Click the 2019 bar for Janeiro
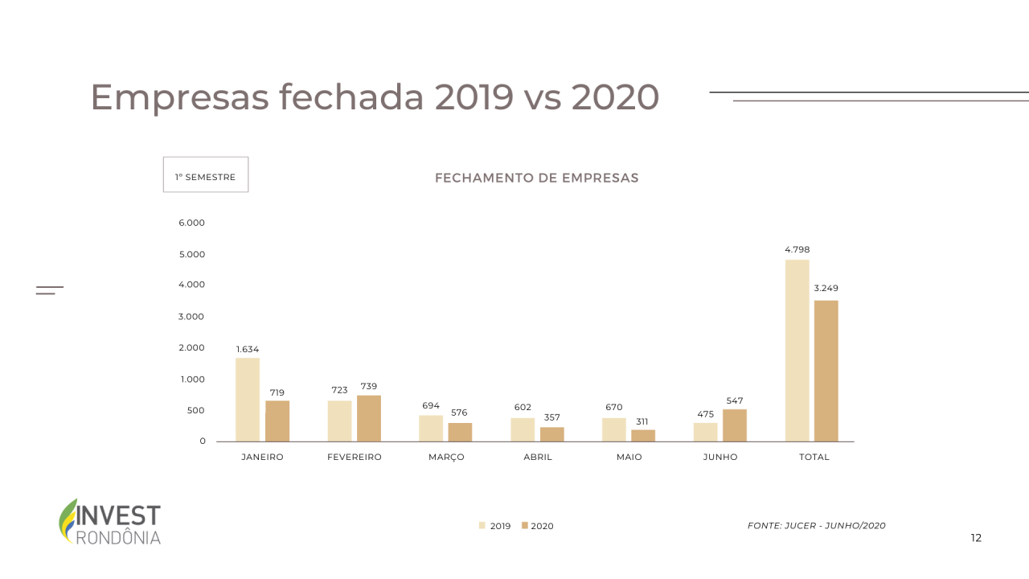coord(248,400)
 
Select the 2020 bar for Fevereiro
coord(369,418)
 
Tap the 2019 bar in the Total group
coord(797,351)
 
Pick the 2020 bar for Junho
coord(735,425)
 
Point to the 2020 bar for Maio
coord(643,435)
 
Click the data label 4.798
coord(797,249)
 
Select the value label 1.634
coord(248,349)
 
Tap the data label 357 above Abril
coord(551,417)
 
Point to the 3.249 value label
coord(826,288)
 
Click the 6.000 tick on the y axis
coord(192,223)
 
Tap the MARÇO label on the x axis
coord(446,457)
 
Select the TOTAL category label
coord(814,457)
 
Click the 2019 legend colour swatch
coord(482,526)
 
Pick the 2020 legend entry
coord(538,526)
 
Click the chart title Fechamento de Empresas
coord(537,178)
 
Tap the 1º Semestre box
coord(206,175)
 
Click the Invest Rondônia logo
coord(110,522)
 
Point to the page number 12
coord(976,538)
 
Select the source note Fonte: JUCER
coord(816,526)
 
